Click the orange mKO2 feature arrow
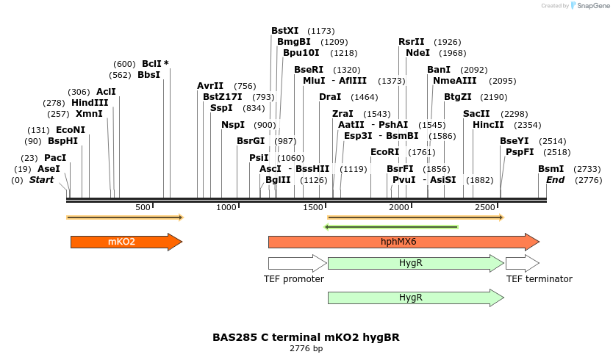click(x=125, y=242)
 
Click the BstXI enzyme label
click(x=284, y=31)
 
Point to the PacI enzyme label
click(x=54, y=158)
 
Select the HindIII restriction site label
click(x=90, y=103)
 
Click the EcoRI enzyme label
click(x=384, y=152)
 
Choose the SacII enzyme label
click(x=476, y=114)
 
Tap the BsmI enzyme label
click(x=551, y=169)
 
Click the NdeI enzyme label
click(x=417, y=53)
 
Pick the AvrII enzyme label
click(x=210, y=86)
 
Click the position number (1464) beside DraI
click(x=364, y=97)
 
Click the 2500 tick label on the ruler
click(x=486, y=208)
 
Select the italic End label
click(x=555, y=180)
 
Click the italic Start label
click(x=41, y=180)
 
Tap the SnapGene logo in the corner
click(x=588, y=6)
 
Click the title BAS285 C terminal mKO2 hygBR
click(x=306, y=337)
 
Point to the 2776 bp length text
click(x=306, y=348)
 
